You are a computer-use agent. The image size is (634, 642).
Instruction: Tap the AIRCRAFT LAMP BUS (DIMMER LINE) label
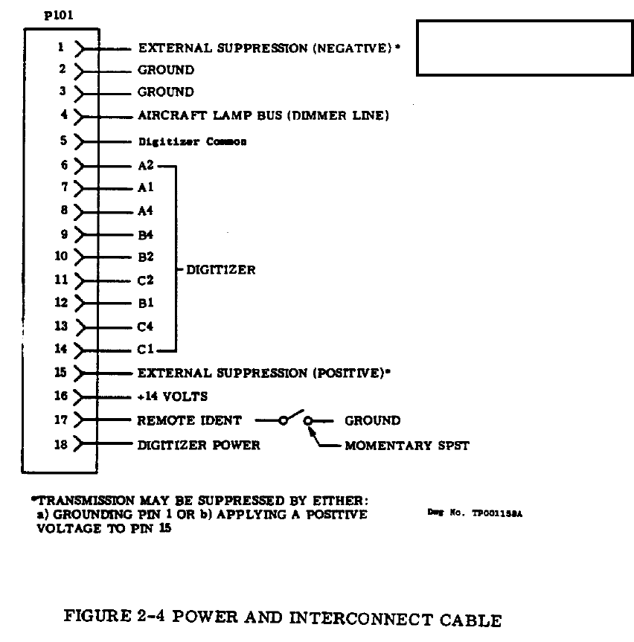[263, 116]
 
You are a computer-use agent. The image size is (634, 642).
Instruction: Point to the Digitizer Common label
[192, 141]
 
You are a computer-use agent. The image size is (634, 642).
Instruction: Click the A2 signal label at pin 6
[146, 165]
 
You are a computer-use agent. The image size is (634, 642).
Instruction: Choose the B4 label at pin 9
[146, 234]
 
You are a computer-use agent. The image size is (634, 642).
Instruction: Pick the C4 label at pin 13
[146, 326]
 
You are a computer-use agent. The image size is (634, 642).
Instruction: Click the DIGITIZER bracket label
[220, 270]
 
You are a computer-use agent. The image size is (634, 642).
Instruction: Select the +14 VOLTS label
[173, 397]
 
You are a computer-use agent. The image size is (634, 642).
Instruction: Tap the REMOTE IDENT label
[189, 420]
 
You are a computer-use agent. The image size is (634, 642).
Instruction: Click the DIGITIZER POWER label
[199, 445]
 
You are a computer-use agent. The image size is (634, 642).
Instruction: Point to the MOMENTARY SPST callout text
[407, 446]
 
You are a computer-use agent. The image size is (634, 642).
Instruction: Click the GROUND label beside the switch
[372, 420]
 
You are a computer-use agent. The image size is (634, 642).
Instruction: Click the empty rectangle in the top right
[525, 48]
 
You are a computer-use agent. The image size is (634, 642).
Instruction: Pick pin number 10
[61, 257]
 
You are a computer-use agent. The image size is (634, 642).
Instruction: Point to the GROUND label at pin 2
[166, 70]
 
